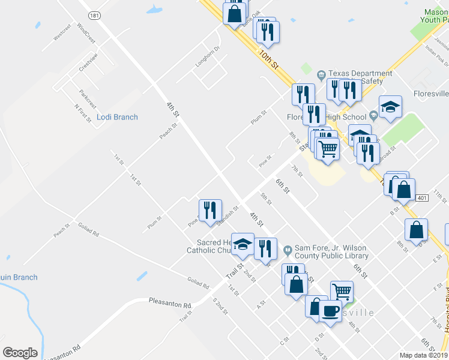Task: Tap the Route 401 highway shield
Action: (x=421, y=198)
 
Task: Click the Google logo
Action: (x=20, y=353)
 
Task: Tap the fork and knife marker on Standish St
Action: (x=209, y=210)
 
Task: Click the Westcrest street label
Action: (x=62, y=32)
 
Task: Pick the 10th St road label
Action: (x=270, y=59)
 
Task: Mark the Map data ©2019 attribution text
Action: (x=423, y=355)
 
